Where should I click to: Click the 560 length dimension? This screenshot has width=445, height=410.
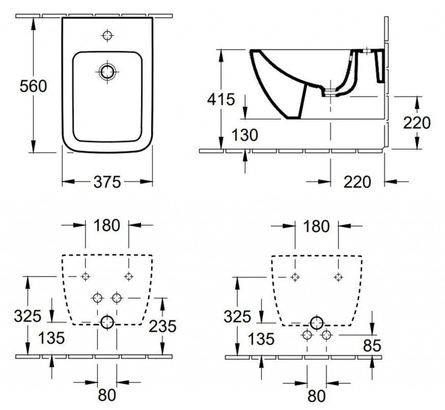[33, 86]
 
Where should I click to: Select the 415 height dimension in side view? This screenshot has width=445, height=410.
[221, 100]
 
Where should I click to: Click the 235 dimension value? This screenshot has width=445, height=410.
[162, 326]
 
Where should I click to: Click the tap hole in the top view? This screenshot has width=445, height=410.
[107, 35]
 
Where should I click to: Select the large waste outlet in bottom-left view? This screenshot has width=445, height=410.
[107, 323]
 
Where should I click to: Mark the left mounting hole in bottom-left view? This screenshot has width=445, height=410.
[86, 276]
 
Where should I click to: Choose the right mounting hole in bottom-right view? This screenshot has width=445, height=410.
[338, 276]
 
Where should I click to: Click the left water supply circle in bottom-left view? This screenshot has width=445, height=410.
[97, 298]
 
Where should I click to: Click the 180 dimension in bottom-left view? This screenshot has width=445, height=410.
[107, 225]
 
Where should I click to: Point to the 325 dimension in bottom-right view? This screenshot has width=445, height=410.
[238, 316]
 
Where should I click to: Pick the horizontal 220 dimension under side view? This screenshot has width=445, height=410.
[357, 181]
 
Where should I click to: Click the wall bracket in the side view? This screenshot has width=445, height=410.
[380, 65]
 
